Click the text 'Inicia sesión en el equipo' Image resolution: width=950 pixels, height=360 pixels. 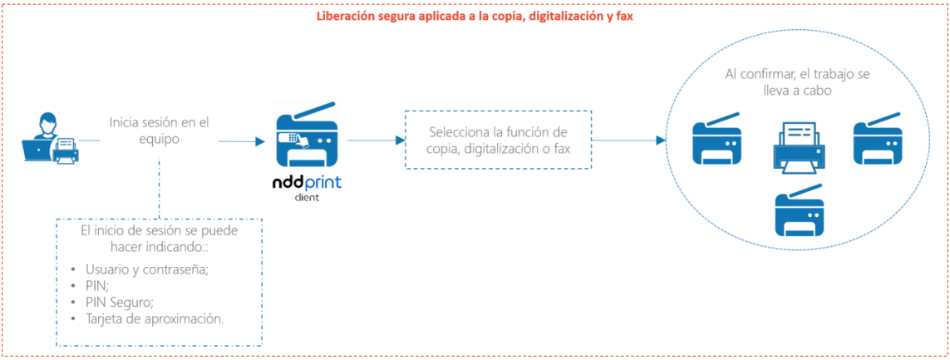tap(159, 131)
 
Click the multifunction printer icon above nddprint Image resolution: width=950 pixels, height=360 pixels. tap(308, 136)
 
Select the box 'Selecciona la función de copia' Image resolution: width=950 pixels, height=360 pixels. tap(498, 140)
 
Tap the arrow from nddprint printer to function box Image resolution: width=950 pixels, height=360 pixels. tap(376, 140)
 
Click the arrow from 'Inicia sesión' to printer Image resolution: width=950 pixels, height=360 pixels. tap(243, 142)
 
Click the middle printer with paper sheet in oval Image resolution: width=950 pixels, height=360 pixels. tap(799, 148)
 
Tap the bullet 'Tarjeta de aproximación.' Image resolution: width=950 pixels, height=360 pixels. tap(148, 319)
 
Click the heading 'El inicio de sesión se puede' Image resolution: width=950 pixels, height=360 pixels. tap(159, 231)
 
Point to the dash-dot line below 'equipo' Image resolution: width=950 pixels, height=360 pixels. tap(159, 189)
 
